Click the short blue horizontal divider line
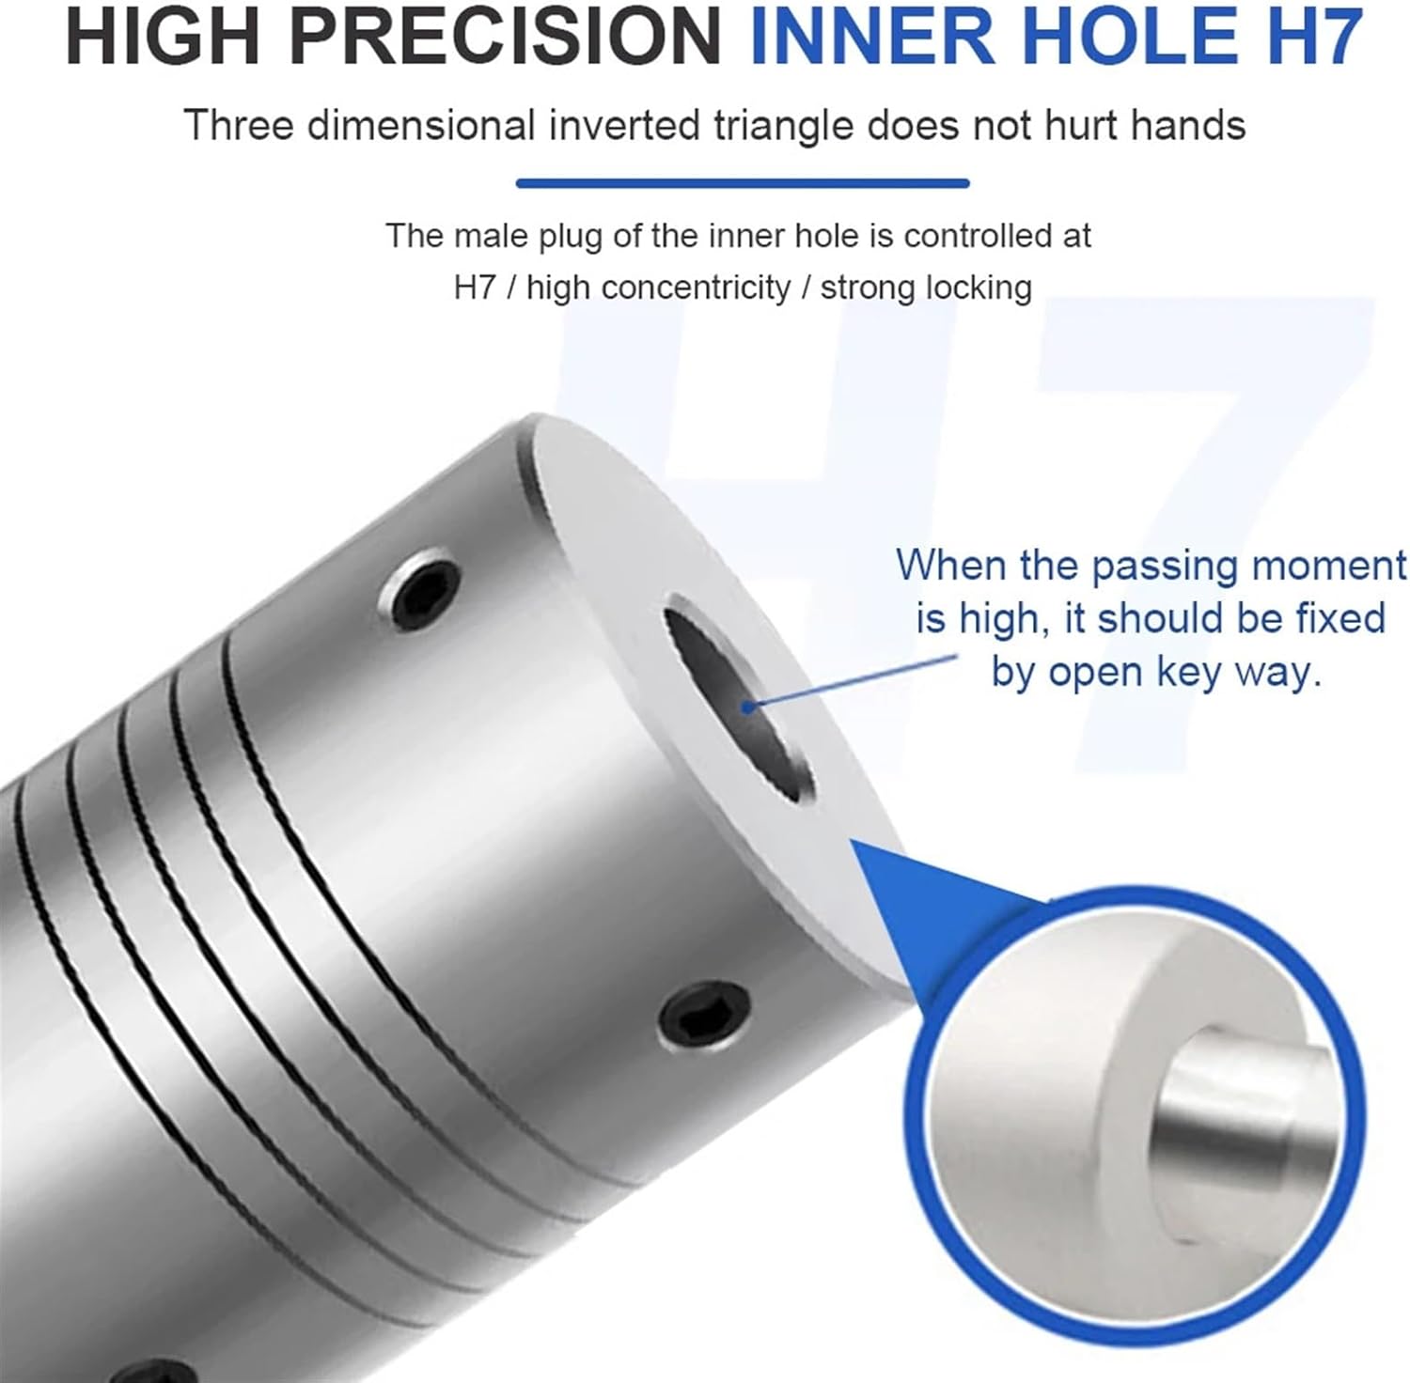coord(742,184)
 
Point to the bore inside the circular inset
coord(1222,1118)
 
